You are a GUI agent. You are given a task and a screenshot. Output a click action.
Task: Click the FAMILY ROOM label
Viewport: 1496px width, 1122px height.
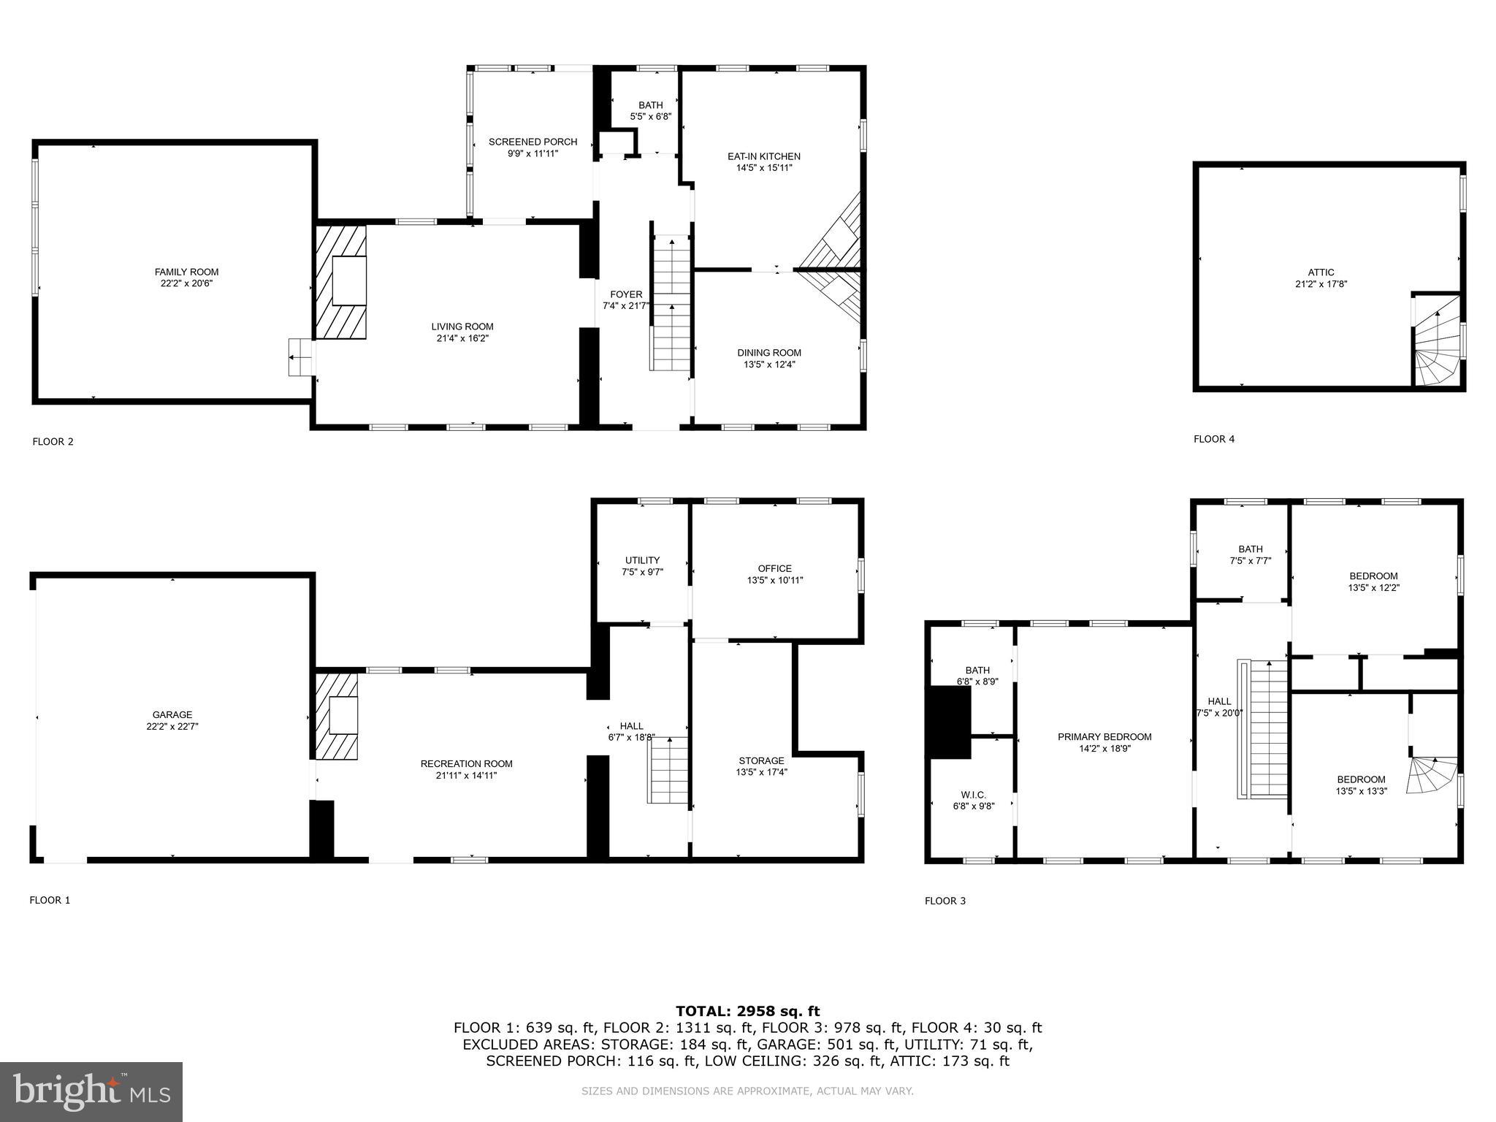(x=186, y=272)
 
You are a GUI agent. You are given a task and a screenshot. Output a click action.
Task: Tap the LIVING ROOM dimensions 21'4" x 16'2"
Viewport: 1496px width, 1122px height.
(x=462, y=338)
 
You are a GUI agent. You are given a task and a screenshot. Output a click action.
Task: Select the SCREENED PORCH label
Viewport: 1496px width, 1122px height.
(x=533, y=142)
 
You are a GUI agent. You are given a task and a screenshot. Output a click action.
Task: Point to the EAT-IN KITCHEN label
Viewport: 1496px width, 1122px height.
(x=763, y=156)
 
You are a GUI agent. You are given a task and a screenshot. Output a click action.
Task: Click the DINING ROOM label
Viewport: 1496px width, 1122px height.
(x=768, y=353)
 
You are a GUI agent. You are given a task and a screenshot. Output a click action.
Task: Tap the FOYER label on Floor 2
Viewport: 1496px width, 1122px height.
(x=626, y=294)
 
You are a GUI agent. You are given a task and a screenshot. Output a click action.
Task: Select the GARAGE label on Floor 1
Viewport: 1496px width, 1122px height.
(x=172, y=714)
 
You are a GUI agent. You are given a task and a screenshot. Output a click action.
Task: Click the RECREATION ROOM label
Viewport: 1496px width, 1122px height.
(x=466, y=763)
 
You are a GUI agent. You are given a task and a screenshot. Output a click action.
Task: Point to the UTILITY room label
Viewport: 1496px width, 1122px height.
(x=642, y=560)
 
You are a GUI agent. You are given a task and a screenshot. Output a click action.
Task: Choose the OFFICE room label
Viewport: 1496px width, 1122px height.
(x=774, y=568)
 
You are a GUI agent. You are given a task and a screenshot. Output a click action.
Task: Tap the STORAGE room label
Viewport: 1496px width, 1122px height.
(x=761, y=760)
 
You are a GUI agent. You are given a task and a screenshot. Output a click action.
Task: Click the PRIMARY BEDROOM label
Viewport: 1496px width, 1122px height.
(x=1104, y=736)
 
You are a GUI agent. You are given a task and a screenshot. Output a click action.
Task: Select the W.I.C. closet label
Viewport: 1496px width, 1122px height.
(x=974, y=795)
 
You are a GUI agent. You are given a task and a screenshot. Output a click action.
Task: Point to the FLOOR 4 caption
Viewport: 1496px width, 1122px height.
(x=1214, y=439)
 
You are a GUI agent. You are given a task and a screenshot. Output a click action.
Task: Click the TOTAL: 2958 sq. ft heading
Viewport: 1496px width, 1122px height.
(x=747, y=1011)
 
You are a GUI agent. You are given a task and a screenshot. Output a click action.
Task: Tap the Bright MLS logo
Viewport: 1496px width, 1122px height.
(x=91, y=1091)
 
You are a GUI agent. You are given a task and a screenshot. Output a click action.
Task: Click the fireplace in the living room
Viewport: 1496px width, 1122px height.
(x=340, y=282)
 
